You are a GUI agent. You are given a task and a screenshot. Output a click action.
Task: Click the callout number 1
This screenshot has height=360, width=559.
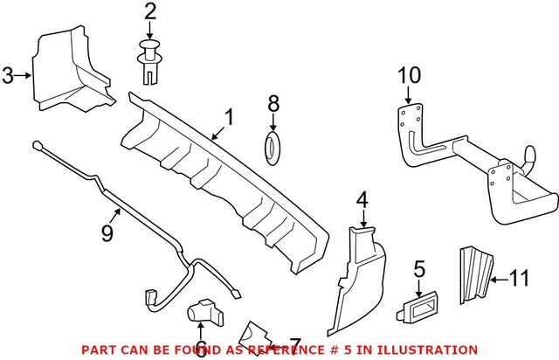230,117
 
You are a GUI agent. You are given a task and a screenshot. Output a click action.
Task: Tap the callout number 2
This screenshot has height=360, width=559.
149,12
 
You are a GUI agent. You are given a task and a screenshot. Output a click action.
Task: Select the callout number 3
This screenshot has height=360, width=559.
8,76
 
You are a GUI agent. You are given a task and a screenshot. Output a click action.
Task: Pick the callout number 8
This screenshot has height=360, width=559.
273,104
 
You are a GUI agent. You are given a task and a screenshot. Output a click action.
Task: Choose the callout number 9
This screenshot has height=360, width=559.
107,232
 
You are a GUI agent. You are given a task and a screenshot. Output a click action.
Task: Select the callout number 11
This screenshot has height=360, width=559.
520,280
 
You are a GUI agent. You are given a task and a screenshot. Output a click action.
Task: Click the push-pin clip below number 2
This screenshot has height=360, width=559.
150,59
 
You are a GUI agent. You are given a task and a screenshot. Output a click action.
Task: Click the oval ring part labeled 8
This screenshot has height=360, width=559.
273,148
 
